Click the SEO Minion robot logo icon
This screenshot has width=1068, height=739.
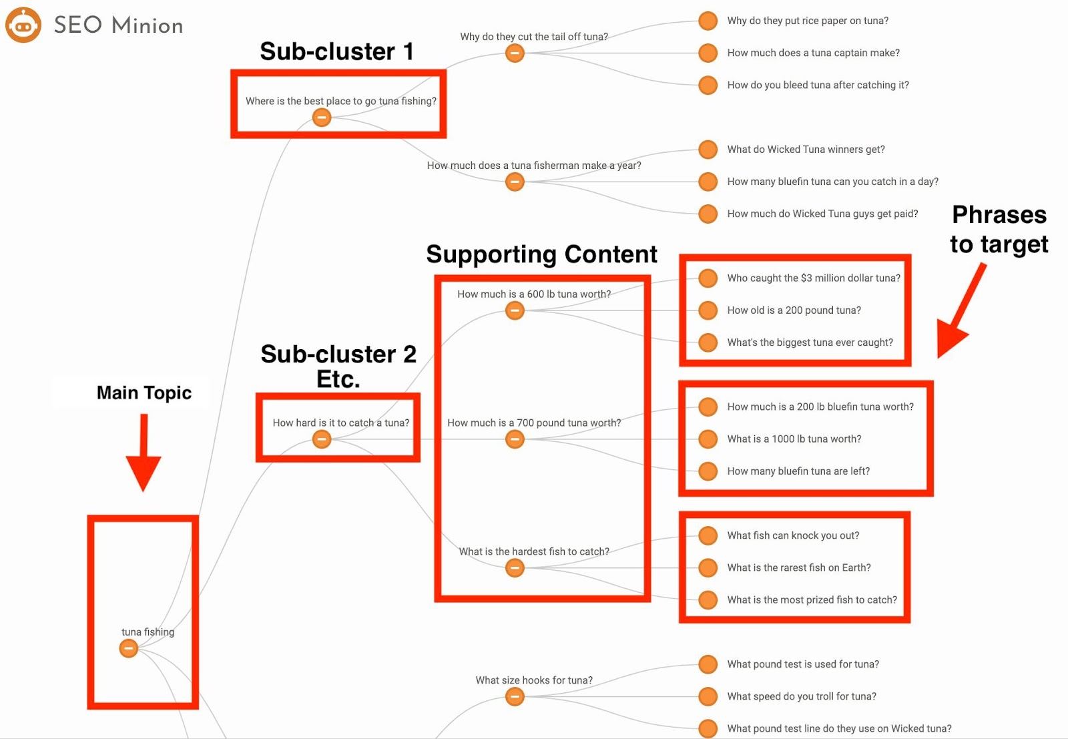click(x=23, y=25)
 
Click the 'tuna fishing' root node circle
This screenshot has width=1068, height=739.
click(x=128, y=648)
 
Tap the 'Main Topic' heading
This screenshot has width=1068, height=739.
click(x=144, y=393)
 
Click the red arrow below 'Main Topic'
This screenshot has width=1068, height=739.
click(x=144, y=453)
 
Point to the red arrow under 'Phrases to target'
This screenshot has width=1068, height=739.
click(x=959, y=312)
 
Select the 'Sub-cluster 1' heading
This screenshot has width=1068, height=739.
click(x=336, y=51)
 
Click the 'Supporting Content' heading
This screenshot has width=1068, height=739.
click(x=541, y=254)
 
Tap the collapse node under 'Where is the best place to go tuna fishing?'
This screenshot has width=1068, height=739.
click(x=322, y=117)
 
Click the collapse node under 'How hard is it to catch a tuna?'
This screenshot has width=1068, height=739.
click(x=322, y=439)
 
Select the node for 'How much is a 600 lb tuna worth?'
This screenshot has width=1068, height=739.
click(x=515, y=310)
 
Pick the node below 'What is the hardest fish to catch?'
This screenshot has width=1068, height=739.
click(x=515, y=568)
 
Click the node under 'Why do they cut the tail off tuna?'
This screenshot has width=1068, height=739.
click(x=515, y=53)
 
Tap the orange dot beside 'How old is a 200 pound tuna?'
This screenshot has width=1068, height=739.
click(x=708, y=310)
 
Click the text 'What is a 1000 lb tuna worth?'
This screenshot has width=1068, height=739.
click(x=794, y=439)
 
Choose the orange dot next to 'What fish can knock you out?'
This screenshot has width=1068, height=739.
click(x=708, y=535)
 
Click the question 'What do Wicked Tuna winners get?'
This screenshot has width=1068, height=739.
click(x=806, y=150)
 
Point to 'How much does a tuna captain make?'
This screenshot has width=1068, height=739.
click(x=814, y=53)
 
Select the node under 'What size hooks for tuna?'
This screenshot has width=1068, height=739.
click(x=515, y=696)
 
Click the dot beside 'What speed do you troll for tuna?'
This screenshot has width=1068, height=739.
click(x=708, y=696)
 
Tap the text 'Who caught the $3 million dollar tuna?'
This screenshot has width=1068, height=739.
click(x=814, y=278)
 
